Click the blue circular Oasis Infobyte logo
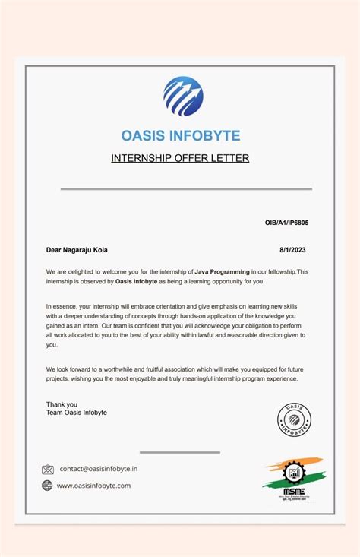coord(183,96)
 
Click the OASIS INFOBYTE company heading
coord(181,136)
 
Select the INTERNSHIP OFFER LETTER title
coord(180,159)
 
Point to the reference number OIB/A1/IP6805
coord(286,223)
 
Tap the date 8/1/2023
coord(294,249)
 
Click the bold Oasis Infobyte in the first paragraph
coord(136,281)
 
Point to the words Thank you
coord(62,404)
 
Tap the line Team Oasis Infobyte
coord(77,413)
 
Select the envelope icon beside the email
coord(48,470)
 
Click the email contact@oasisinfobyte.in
coord(99,470)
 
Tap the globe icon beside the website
coord(48,486)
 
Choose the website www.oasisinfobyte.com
coord(94,486)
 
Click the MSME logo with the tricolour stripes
coord(293,479)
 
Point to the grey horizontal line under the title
coord(186,189)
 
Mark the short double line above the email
coord(180,453)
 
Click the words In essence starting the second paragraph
coord(64,305)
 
